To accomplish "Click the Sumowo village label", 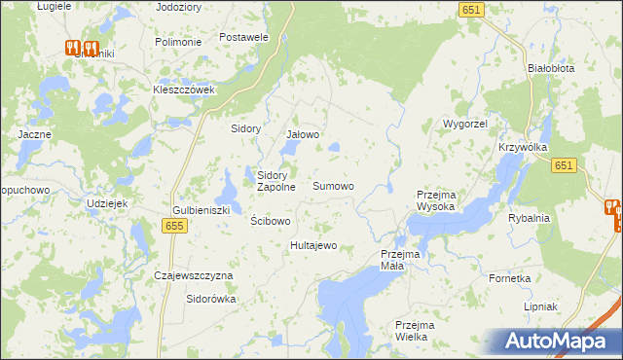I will click(x=333, y=185).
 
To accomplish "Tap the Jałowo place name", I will click(x=303, y=135).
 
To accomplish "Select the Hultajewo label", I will click(x=313, y=245).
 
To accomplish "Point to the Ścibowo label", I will click(x=271, y=221).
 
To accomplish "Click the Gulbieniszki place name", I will click(x=201, y=210).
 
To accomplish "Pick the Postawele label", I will click(x=244, y=37).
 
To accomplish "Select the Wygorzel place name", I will click(x=464, y=125).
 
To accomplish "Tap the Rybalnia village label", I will click(x=529, y=218).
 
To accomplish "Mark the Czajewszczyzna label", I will click(x=195, y=275).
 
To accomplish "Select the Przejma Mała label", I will click(x=399, y=260).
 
